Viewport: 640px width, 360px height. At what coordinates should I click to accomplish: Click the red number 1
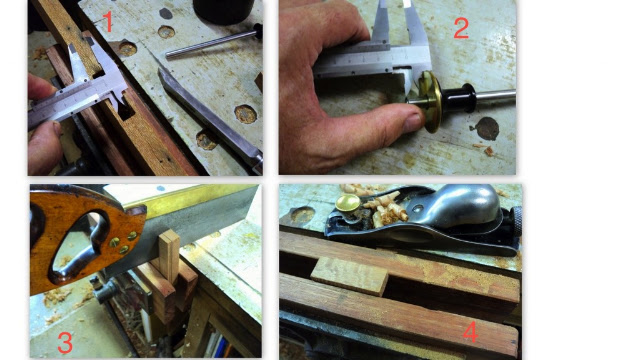(x=107, y=22)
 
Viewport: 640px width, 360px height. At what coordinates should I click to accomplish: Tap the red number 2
(x=461, y=29)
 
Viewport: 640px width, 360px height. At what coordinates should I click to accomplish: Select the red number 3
(x=65, y=343)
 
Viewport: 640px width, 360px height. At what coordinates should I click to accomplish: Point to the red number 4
(x=471, y=332)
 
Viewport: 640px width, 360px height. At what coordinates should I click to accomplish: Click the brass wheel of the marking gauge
(x=431, y=101)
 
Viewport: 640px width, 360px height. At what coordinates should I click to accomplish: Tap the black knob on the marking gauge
(x=460, y=98)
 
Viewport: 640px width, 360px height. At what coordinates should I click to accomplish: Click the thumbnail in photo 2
(x=413, y=122)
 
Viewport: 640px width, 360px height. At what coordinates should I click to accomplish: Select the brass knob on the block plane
(x=348, y=203)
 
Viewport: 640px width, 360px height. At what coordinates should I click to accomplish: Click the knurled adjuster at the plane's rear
(x=516, y=221)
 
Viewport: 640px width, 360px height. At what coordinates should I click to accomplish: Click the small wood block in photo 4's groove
(x=350, y=276)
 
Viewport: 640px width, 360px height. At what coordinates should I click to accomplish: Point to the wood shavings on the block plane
(x=384, y=209)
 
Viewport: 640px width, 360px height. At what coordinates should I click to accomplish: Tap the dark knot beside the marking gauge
(x=487, y=129)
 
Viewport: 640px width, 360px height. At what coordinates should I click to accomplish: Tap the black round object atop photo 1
(x=224, y=11)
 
